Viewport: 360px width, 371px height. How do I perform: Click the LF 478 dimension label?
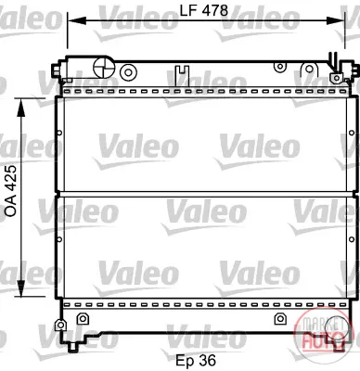coord(204,10)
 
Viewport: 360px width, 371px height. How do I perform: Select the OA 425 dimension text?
coord(11,191)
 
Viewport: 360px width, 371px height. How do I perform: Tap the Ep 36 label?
coord(196,360)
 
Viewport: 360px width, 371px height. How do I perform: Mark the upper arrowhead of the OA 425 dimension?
coord(20,108)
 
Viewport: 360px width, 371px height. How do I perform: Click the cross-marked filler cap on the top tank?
coord(104,67)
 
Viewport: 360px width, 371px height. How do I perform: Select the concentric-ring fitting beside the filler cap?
coord(128,72)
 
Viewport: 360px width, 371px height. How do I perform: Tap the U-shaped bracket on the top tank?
coord(182,73)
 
